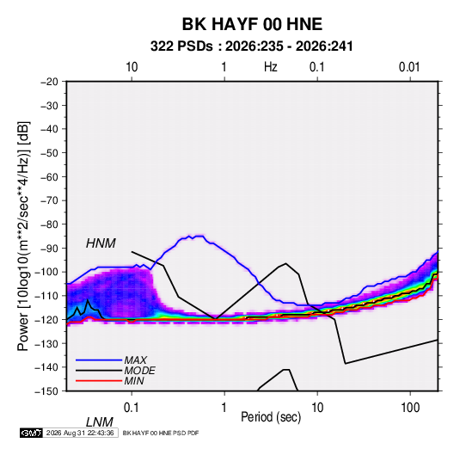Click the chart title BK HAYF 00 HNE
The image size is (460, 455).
(x=252, y=24)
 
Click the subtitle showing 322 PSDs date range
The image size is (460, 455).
(x=251, y=46)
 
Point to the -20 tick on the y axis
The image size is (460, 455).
(x=49, y=82)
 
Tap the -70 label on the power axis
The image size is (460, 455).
(x=49, y=200)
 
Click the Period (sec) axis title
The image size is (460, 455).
(x=271, y=416)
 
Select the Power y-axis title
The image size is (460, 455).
(x=23, y=236)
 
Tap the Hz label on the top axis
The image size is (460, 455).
(x=270, y=67)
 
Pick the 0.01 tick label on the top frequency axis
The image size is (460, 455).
(x=409, y=67)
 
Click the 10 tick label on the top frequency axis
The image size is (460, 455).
(x=132, y=67)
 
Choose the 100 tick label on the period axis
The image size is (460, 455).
(x=410, y=408)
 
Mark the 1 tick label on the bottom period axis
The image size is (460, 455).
(x=224, y=408)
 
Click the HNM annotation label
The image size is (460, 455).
(x=101, y=243)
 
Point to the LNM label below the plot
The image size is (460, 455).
(x=99, y=422)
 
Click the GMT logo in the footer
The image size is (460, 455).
(x=31, y=433)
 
